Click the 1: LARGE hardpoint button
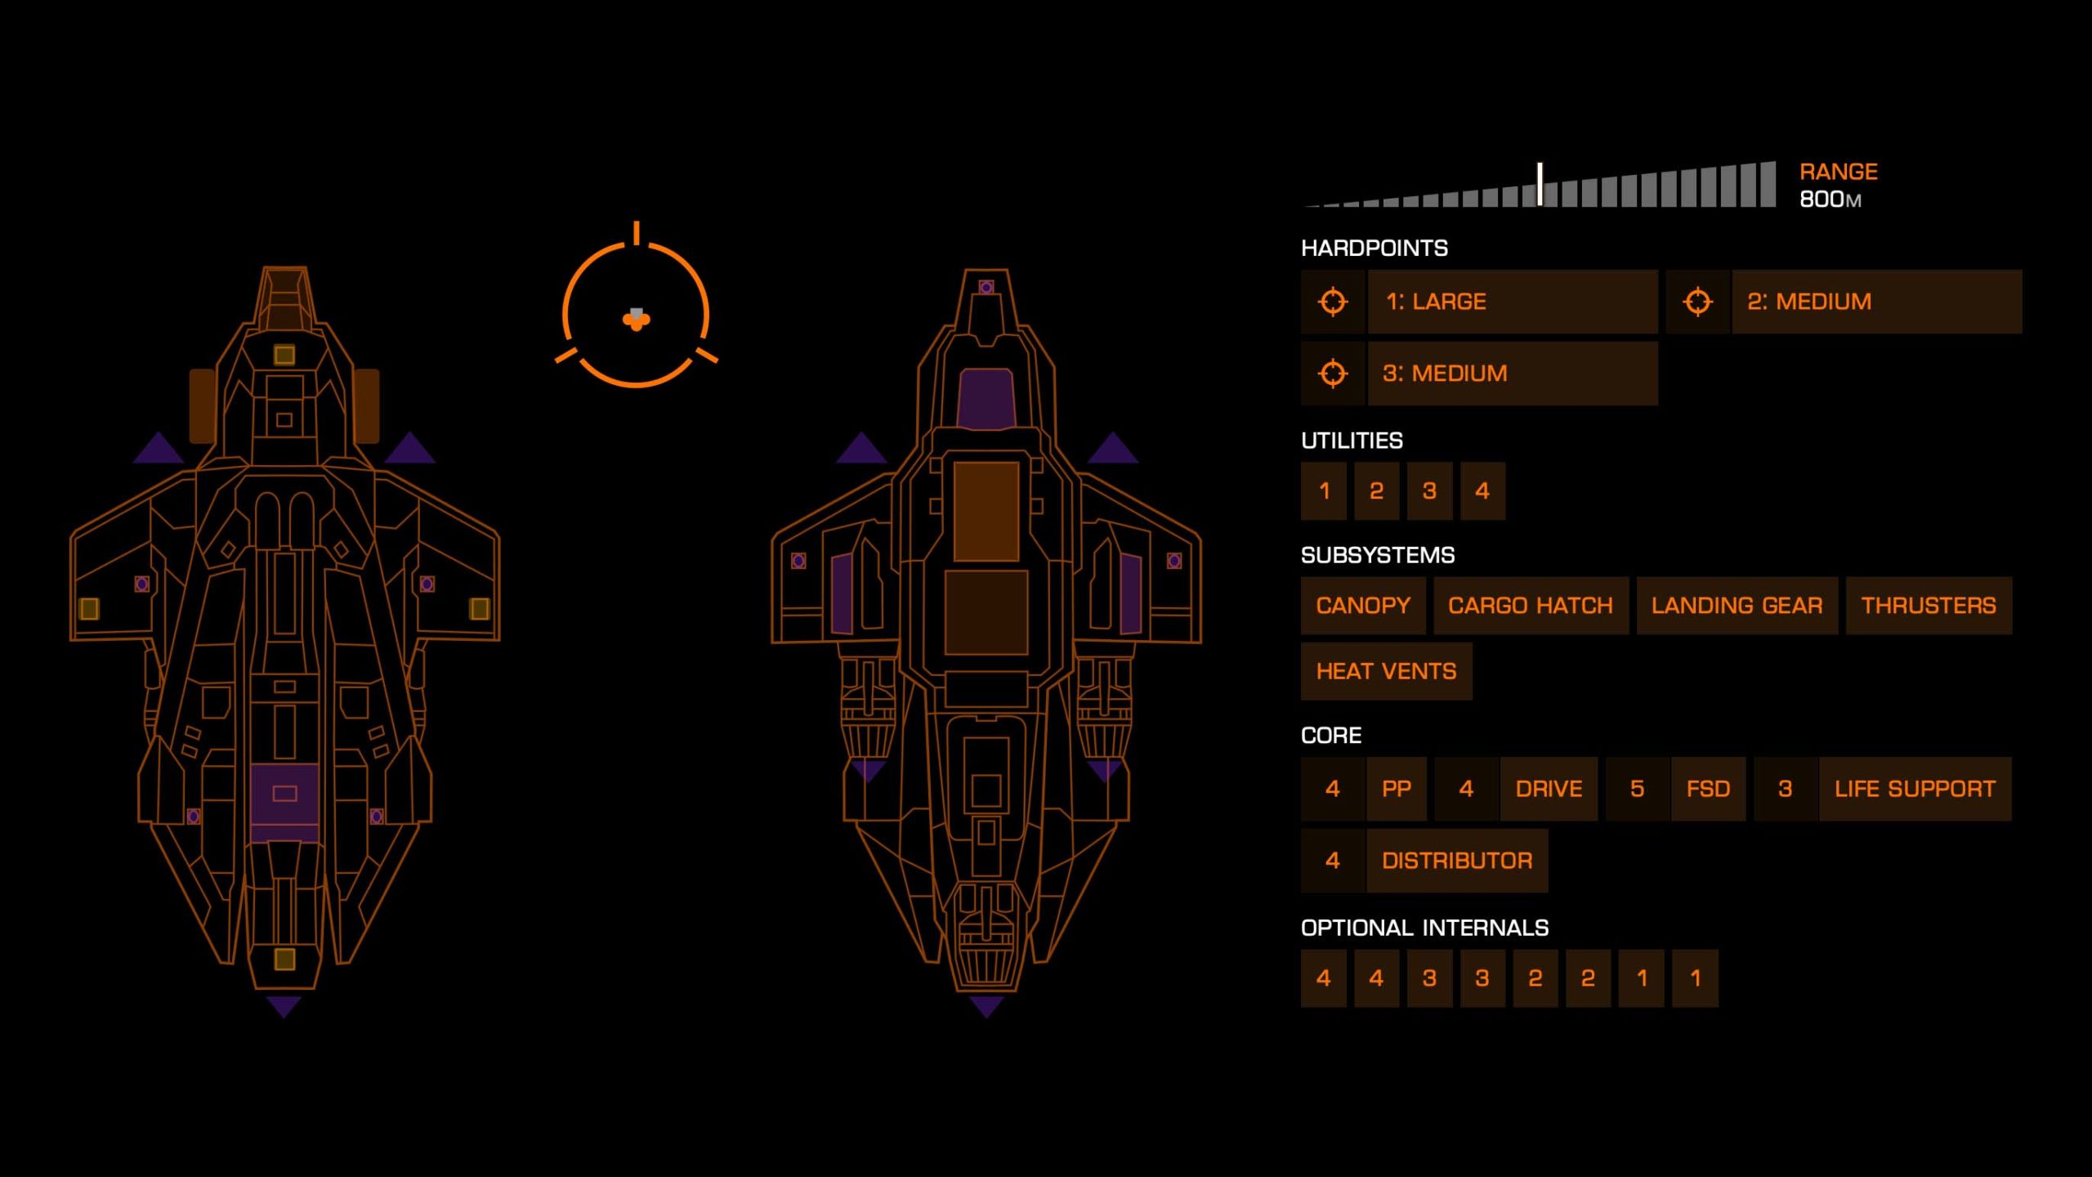pos(1512,302)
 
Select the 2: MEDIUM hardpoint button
pos(1876,302)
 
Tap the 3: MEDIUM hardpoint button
pos(1512,374)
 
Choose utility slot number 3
pos(1429,491)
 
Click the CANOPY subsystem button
pos(1363,606)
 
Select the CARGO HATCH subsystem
pos(1531,606)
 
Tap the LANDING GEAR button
pos(1737,606)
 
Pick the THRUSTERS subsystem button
pos(1929,606)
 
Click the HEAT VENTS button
pos(1386,672)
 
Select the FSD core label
pos(1708,789)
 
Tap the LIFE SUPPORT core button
pos(1915,789)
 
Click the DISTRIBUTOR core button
pos(1456,861)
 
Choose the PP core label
pos(1397,789)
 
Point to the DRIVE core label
pos(1549,789)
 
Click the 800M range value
pos(1830,199)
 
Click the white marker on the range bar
pos(1540,184)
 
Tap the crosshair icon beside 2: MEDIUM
pos(1697,302)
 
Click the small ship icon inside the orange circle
pos(637,319)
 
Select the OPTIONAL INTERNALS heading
pos(1424,928)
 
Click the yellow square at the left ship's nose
pos(284,355)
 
